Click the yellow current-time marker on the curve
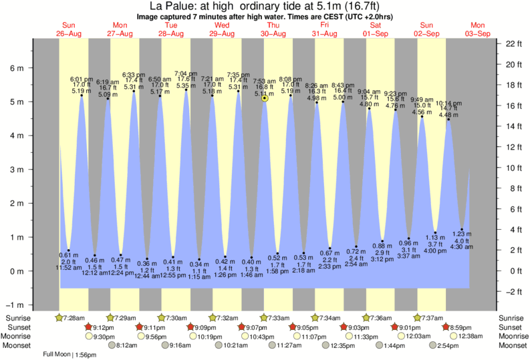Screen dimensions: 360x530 point(265,98)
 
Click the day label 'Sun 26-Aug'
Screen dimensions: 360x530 point(68,29)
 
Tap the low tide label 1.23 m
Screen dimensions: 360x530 point(462,233)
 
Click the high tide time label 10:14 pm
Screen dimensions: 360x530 point(448,104)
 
